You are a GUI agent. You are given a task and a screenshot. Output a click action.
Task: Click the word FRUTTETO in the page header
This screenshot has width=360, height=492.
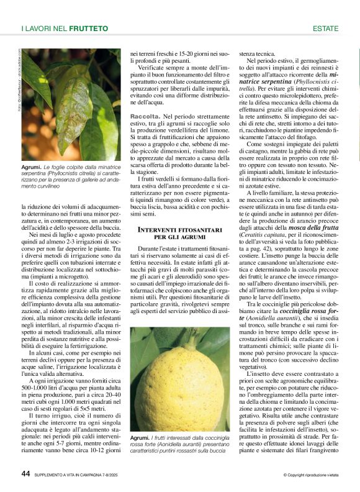click(x=88, y=29)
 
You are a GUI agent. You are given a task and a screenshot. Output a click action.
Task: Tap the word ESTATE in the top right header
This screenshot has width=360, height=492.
click(x=325, y=29)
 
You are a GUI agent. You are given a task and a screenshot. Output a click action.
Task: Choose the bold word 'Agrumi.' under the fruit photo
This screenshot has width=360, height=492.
click(x=140, y=439)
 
